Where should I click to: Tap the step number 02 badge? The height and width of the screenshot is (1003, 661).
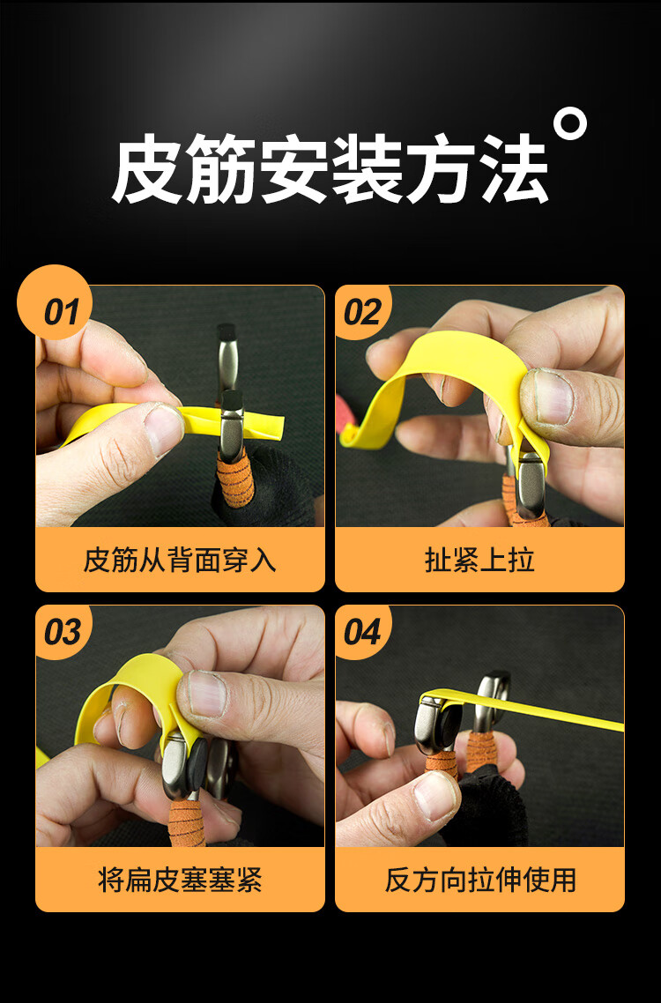click(361, 312)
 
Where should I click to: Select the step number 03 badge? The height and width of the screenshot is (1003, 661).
click(62, 632)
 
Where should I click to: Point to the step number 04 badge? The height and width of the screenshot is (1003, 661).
click(361, 632)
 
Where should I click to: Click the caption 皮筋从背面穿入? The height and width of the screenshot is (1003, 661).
click(180, 560)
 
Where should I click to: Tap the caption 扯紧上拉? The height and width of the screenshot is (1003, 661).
click(479, 560)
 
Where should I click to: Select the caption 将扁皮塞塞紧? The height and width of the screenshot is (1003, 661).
click(180, 880)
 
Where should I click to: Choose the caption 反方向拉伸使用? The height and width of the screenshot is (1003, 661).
click(479, 880)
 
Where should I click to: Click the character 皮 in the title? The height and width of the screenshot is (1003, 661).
click(147, 170)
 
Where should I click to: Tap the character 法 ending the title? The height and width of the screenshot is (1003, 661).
click(512, 170)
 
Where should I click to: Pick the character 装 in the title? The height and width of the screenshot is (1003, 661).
click(366, 170)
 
